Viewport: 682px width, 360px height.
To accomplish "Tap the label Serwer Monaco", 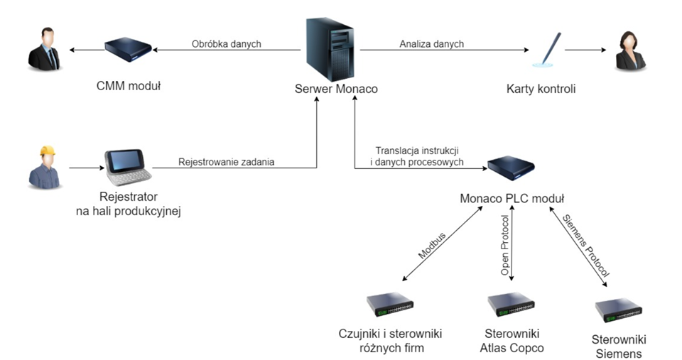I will point(336,89).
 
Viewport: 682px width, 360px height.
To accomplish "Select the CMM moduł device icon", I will point(128,49).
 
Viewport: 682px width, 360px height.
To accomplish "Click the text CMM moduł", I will point(129,87).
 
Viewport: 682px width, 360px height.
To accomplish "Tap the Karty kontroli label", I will point(541,89).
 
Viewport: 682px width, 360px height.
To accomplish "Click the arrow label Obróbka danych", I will point(226,44).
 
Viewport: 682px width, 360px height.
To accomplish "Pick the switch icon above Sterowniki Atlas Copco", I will point(511,304).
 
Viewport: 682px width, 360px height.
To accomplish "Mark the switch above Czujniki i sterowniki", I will point(390,304).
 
